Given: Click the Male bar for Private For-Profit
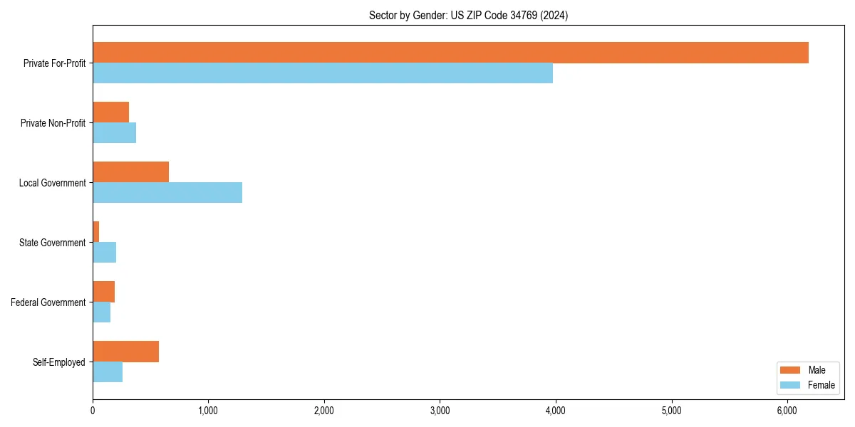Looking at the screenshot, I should (450, 53).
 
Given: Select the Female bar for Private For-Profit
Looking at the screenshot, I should (323, 73).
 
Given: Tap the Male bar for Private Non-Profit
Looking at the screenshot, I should (110, 112).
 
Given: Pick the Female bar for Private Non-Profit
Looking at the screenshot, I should (114, 133).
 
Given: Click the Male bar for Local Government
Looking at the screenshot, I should (130, 172).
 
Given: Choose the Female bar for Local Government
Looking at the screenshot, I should (167, 193).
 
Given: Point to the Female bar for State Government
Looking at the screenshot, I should (104, 253).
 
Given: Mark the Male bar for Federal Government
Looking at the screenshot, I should (103, 292).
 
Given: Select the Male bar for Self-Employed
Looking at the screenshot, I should (125, 352).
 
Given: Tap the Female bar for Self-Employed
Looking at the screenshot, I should (108, 372).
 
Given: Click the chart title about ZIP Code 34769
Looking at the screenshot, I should (468, 15).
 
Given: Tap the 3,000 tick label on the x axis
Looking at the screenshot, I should (440, 411).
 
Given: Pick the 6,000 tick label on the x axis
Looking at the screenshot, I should (787, 411).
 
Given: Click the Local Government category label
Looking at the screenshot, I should (52, 183).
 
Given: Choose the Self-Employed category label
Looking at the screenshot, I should (58, 362).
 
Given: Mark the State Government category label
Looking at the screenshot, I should (52, 243).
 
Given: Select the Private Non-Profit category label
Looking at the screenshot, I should (53, 123).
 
